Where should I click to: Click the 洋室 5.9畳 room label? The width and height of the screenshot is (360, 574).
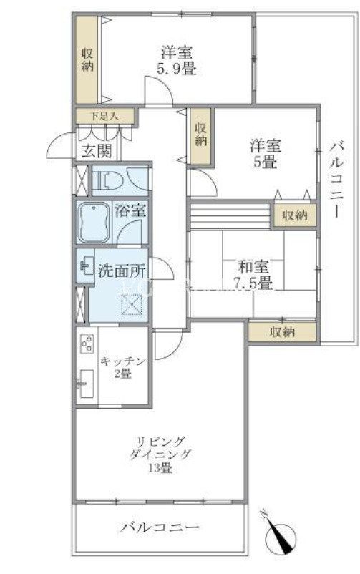click(x=177, y=60)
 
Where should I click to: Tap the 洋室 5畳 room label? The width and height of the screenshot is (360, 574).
click(x=266, y=154)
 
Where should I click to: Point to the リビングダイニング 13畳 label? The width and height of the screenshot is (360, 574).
click(x=160, y=454)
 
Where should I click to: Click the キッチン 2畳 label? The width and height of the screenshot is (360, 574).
click(x=122, y=368)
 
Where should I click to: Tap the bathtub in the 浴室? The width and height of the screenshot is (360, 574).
click(x=94, y=222)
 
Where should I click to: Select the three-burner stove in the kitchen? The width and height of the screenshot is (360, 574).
click(x=87, y=344)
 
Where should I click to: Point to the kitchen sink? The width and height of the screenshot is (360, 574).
click(x=86, y=383)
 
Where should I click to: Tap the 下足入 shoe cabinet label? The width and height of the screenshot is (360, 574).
click(x=104, y=117)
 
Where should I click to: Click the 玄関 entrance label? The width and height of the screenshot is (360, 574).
click(x=97, y=150)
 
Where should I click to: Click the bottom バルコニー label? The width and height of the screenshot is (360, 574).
click(x=160, y=527)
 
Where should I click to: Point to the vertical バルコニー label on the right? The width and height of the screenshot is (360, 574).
click(x=336, y=181)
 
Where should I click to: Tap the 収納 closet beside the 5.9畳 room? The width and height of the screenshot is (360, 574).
click(x=87, y=60)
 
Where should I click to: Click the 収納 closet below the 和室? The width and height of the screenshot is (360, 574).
click(x=282, y=331)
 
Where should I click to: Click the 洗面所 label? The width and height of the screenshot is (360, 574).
click(x=122, y=271)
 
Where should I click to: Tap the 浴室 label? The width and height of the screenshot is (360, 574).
click(x=130, y=210)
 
